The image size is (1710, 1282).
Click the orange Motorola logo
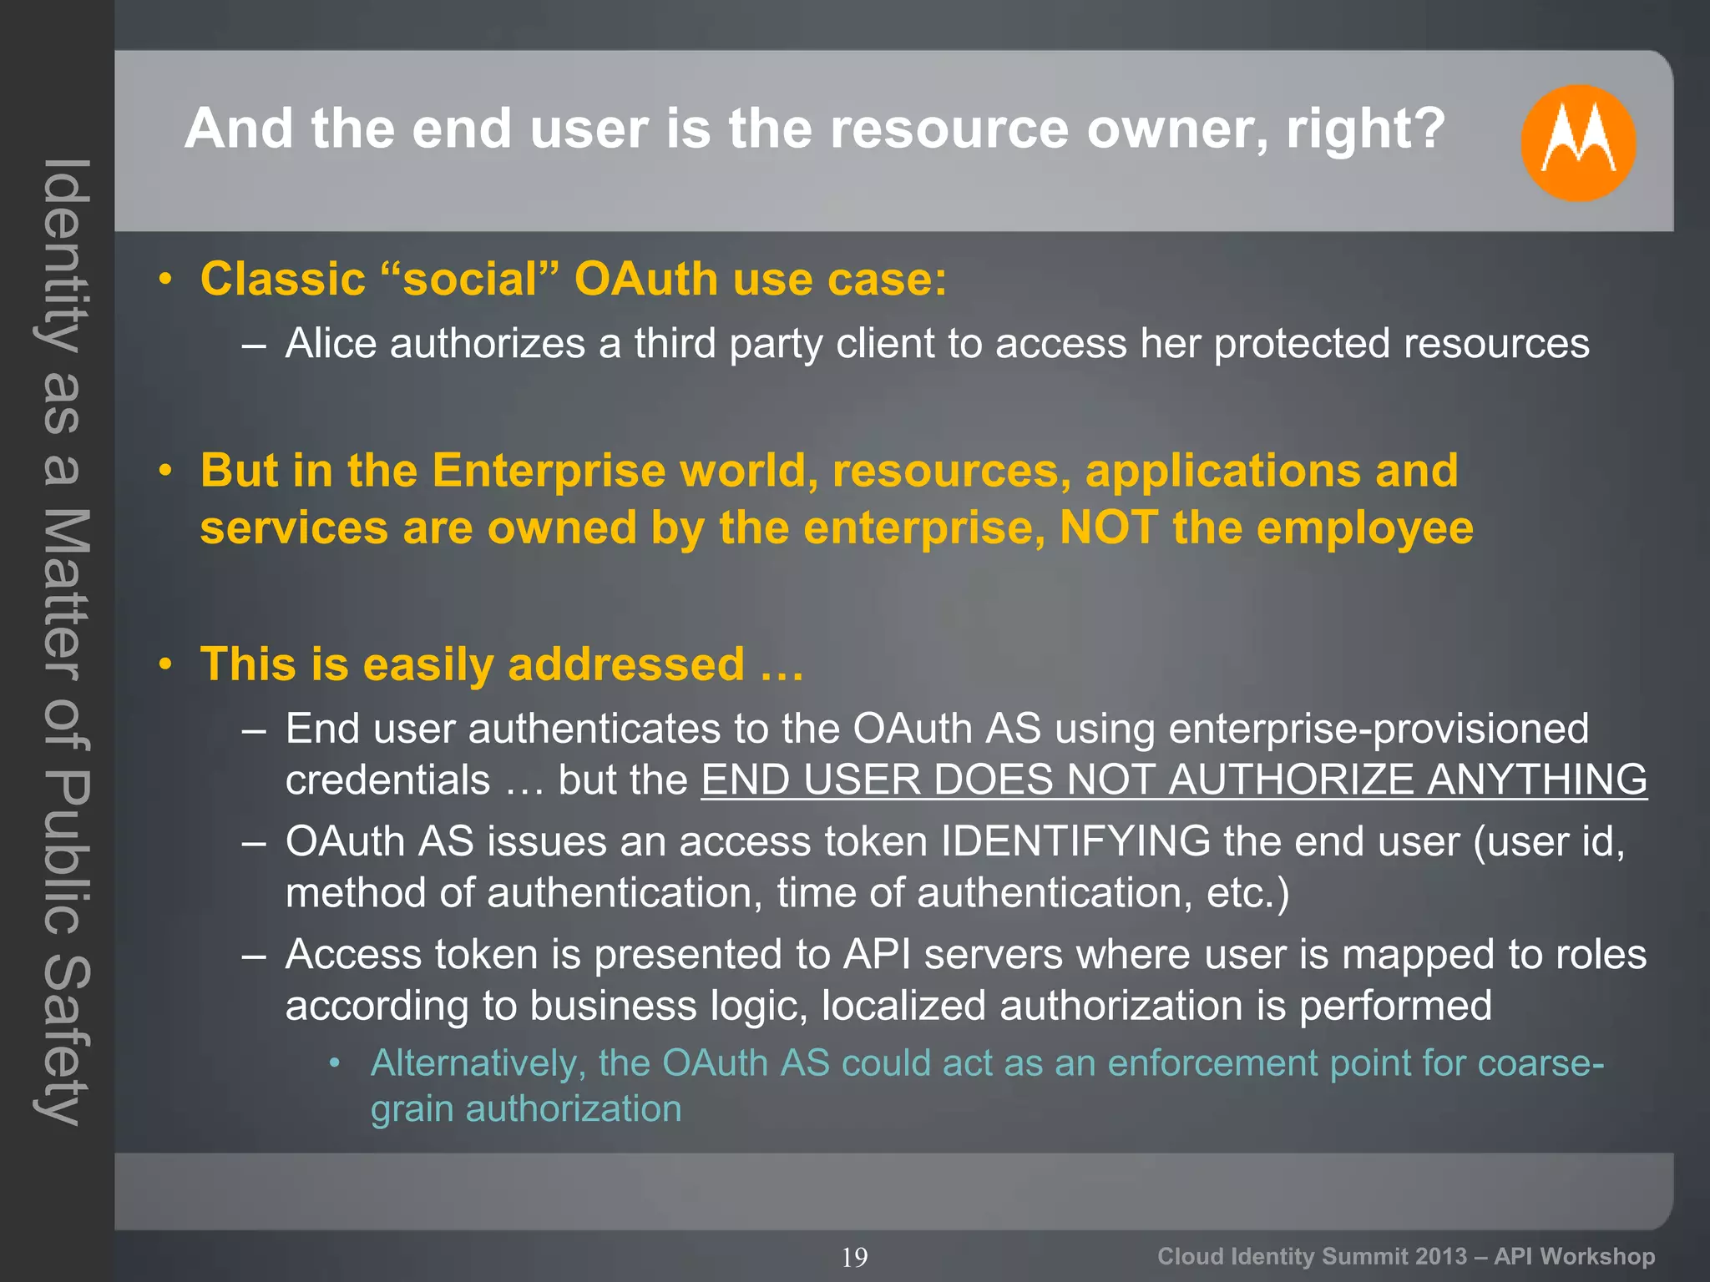(x=1577, y=143)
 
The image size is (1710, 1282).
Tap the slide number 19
(x=854, y=1257)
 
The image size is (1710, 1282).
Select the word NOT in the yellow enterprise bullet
(x=1109, y=527)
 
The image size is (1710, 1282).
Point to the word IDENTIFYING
(x=1075, y=840)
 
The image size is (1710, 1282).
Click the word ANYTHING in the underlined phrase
(x=1537, y=780)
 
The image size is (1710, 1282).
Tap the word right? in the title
(x=1365, y=129)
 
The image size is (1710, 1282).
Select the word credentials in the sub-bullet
(x=387, y=780)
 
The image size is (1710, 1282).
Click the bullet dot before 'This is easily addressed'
(x=166, y=664)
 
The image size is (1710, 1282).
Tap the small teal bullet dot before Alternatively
(x=335, y=1062)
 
